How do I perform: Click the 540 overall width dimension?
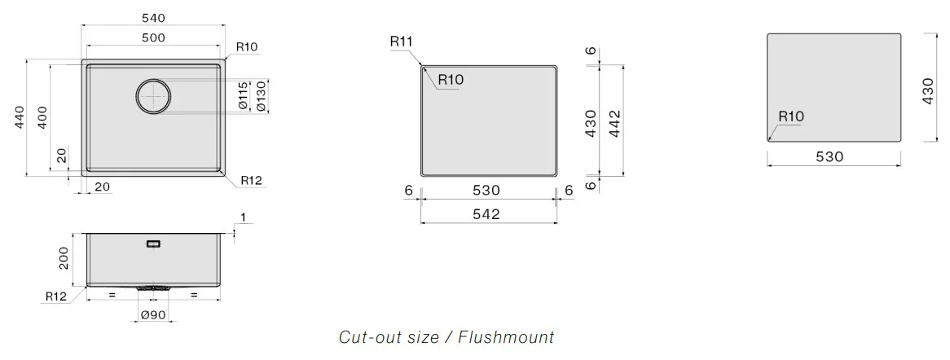coord(153,18)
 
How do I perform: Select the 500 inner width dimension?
coord(153,37)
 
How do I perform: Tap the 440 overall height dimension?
coord(20,117)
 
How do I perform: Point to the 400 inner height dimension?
coord(42,117)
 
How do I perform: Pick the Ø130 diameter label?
coord(262,96)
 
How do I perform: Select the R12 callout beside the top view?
coord(251,180)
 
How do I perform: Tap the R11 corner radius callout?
coord(401,42)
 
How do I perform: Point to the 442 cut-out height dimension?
coord(614,124)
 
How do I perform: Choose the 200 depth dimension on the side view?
coord(65,259)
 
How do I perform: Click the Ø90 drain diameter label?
coord(153,315)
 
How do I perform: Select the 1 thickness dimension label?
coord(243,217)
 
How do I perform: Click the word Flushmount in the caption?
coord(506,336)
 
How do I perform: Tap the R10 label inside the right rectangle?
coord(790,116)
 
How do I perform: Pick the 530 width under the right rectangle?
coord(829,157)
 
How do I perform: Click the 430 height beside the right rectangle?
coord(927,90)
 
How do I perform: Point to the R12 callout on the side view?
coord(55,296)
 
